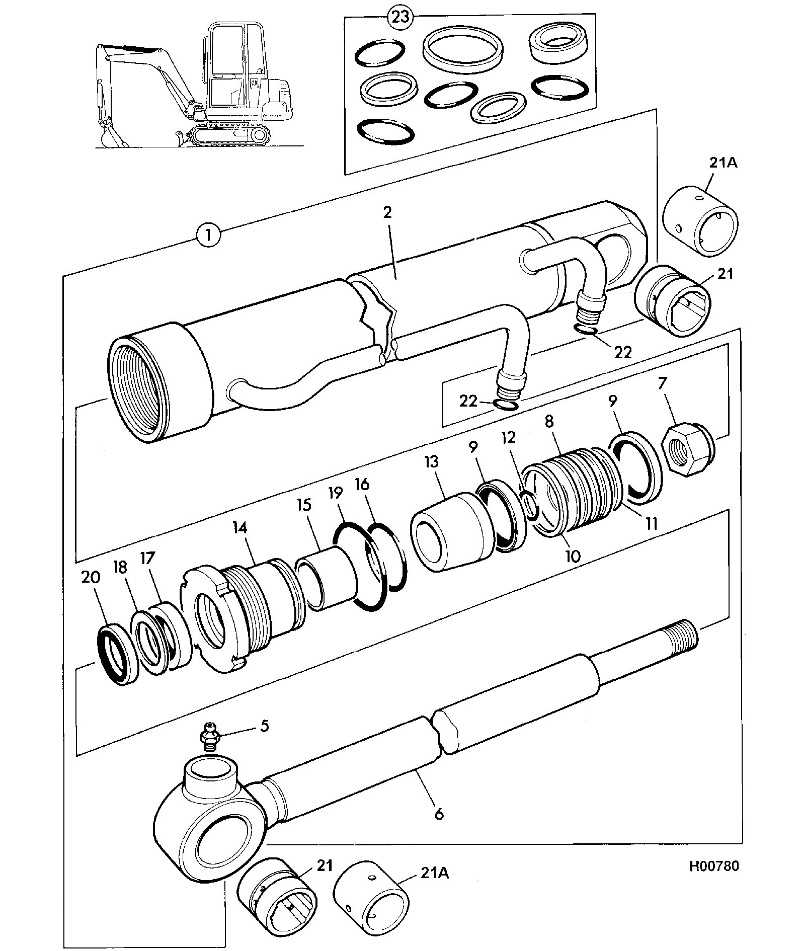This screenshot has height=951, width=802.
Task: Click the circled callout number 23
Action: [x=400, y=17]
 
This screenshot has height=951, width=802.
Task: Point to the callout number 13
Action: [x=431, y=462]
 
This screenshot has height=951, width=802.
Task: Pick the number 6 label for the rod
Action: [x=439, y=814]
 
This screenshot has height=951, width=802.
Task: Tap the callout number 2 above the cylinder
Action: [x=387, y=211]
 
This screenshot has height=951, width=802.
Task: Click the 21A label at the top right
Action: [x=723, y=163]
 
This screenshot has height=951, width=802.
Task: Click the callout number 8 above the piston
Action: [x=549, y=421]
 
